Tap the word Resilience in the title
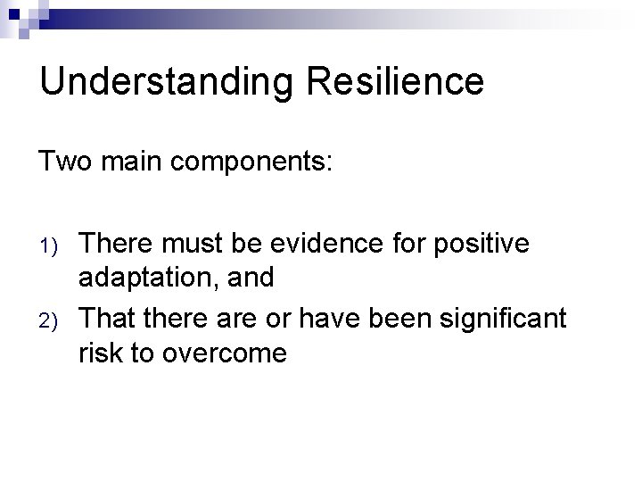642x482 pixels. click(398, 81)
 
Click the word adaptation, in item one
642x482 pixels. click(148, 279)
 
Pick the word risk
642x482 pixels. click(103, 353)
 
